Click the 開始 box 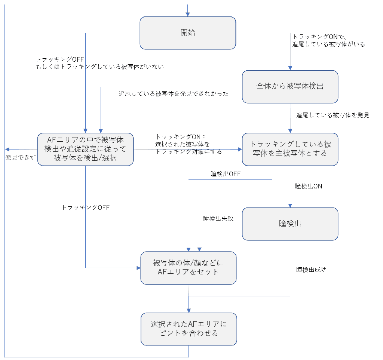click(188, 33)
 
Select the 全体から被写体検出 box click(290, 86)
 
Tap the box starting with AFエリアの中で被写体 click(85, 149)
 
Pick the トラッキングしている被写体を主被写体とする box click(290, 149)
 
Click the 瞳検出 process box click(290, 224)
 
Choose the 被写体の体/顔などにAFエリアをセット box click(188, 267)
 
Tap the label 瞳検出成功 click(311, 269)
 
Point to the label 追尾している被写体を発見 click(333, 115)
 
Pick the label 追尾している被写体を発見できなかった click(174, 94)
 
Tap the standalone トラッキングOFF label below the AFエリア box click(85, 207)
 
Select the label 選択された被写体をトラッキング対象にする click(189, 144)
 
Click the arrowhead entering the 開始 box click(188, 14)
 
